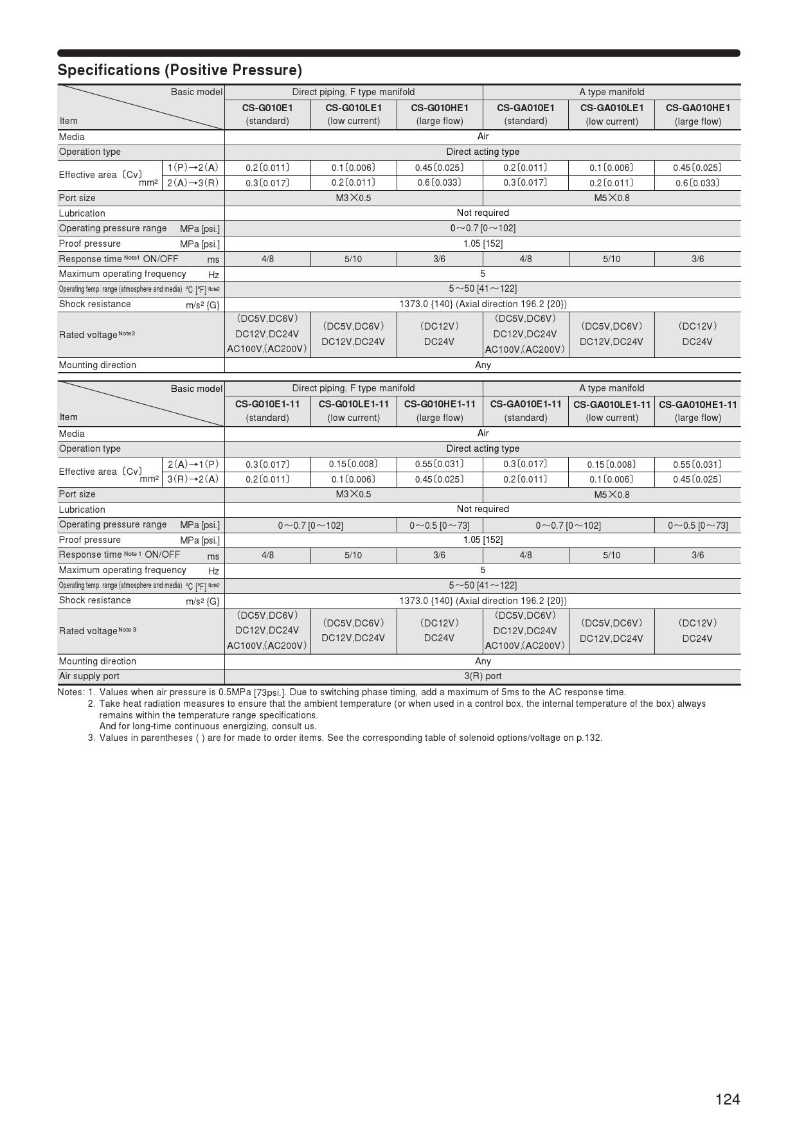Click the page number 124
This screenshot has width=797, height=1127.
coord(728,1099)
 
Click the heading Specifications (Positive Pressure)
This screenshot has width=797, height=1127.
coord(179,70)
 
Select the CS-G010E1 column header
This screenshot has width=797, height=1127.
coord(267,108)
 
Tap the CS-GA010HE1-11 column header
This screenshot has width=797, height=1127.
coord(697,404)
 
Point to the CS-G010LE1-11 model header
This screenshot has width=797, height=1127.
coord(354,404)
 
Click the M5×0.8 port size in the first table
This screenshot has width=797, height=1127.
coord(611,198)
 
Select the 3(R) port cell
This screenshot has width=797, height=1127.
coord(483,676)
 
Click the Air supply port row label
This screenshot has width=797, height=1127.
coord(89,676)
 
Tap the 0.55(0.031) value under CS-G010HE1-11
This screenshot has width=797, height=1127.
coord(440,464)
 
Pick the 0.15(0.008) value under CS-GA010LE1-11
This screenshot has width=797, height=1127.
coord(611,464)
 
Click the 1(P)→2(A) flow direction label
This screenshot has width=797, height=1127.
coord(193,168)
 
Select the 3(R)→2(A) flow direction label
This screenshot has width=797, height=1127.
coord(193,479)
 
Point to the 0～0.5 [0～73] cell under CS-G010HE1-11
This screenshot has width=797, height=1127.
coord(440,526)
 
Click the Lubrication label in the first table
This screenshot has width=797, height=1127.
coord(82,213)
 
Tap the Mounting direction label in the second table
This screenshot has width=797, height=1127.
coord(98,661)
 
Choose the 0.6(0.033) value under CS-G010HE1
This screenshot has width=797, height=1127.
coord(440,182)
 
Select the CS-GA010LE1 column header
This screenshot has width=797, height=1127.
coord(611,108)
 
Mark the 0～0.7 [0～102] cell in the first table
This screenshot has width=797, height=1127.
coord(483,228)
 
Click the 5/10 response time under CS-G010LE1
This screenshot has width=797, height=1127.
coord(354,259)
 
